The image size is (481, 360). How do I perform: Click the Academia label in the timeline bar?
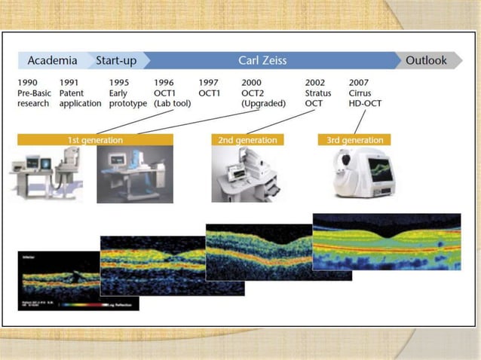click(x=52, y=60)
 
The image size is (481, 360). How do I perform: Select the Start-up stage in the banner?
click(x=115, y=60)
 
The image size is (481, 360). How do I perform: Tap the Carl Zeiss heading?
click(x=264, y=60)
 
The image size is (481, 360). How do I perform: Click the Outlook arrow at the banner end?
click(x=426, y=60)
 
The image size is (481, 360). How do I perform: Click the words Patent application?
click(x=79, y=98)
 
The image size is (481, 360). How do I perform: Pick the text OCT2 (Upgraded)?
click(x=261, y=98)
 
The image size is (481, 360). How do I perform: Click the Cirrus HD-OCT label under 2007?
click(x=367, y=98)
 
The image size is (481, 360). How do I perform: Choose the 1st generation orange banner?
click(x=95, y=140)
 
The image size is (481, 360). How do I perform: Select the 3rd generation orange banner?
click(x=355, y=140)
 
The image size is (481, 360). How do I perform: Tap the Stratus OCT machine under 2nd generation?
click(x=243, y=175)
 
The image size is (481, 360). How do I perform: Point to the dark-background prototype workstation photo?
click(x=134, y=175)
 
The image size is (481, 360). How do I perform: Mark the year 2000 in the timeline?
click(x=252, y=82)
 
